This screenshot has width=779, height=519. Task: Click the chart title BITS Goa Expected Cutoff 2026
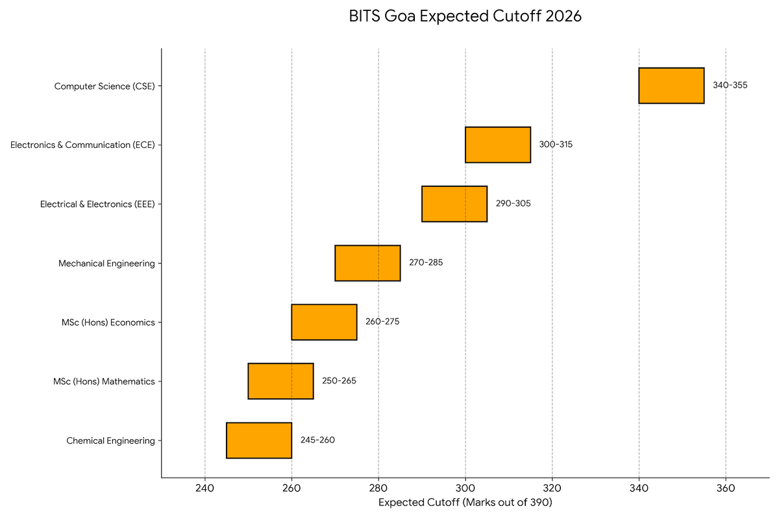[465, 17]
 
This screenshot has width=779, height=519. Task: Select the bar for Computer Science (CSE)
[671, 86]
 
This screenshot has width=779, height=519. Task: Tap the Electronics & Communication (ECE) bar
[498, 145]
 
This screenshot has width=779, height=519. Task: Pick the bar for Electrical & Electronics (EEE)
[454, 204]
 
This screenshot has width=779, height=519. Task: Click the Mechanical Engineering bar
[367, 263]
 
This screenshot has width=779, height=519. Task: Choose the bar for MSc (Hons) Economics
[324, 322]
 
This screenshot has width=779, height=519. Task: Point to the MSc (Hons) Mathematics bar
[280, 381]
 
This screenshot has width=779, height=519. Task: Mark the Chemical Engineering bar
[259, 440]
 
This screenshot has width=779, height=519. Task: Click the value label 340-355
[730, 86]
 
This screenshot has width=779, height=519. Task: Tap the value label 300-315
[556, 145]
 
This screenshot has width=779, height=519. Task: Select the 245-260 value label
[317, 440]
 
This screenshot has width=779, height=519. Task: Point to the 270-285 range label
[426, 263]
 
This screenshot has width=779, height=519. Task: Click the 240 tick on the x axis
[205, 489]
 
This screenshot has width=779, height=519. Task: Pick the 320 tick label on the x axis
[552, 489]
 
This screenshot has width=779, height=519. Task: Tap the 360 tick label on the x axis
[726, 489]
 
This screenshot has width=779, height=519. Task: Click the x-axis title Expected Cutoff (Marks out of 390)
[465, 502]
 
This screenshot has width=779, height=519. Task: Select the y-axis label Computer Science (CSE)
[105, 86]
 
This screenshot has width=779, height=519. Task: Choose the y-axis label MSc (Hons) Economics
[104, 322]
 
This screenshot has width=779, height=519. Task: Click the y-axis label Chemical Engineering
[110, 441]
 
